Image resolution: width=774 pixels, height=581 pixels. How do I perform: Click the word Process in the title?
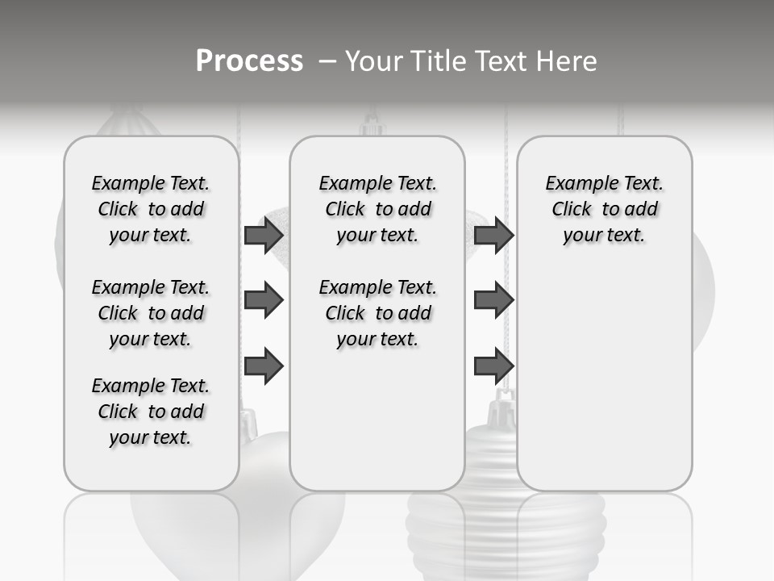click(x=249, y=61)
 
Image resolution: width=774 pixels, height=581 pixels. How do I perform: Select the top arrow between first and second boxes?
click(x=264, y=235)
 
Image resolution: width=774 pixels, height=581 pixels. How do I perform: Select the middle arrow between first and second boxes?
click(x=264, y=300)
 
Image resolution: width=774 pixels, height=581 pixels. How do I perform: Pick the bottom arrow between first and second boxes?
click(x=264, y=366)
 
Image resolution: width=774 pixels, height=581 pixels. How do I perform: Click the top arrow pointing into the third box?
click(x=493, y=235)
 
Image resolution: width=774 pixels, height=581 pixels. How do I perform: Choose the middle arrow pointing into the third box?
click(x=493, y=300)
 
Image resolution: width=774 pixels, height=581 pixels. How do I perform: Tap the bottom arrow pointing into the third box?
click(x=493, y=366)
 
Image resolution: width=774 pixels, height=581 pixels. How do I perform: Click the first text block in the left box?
click(x=151, y=209)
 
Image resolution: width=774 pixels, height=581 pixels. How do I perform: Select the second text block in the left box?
click(x=151, y=313)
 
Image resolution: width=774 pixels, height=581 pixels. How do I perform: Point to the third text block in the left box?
click(x=151, y=412)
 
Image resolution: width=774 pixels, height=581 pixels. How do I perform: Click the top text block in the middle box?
click(x=377, y=209)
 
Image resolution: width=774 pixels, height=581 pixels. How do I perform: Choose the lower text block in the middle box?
click(x=377, y=313)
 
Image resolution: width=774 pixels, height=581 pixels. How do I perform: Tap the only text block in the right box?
click(x=604, y=209)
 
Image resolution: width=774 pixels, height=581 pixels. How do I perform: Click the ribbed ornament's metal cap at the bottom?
click(x=505, y=408)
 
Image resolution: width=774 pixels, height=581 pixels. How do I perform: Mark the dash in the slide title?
click(x=327, y=61)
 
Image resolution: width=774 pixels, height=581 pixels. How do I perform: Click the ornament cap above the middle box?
click(x=372, y=125)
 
